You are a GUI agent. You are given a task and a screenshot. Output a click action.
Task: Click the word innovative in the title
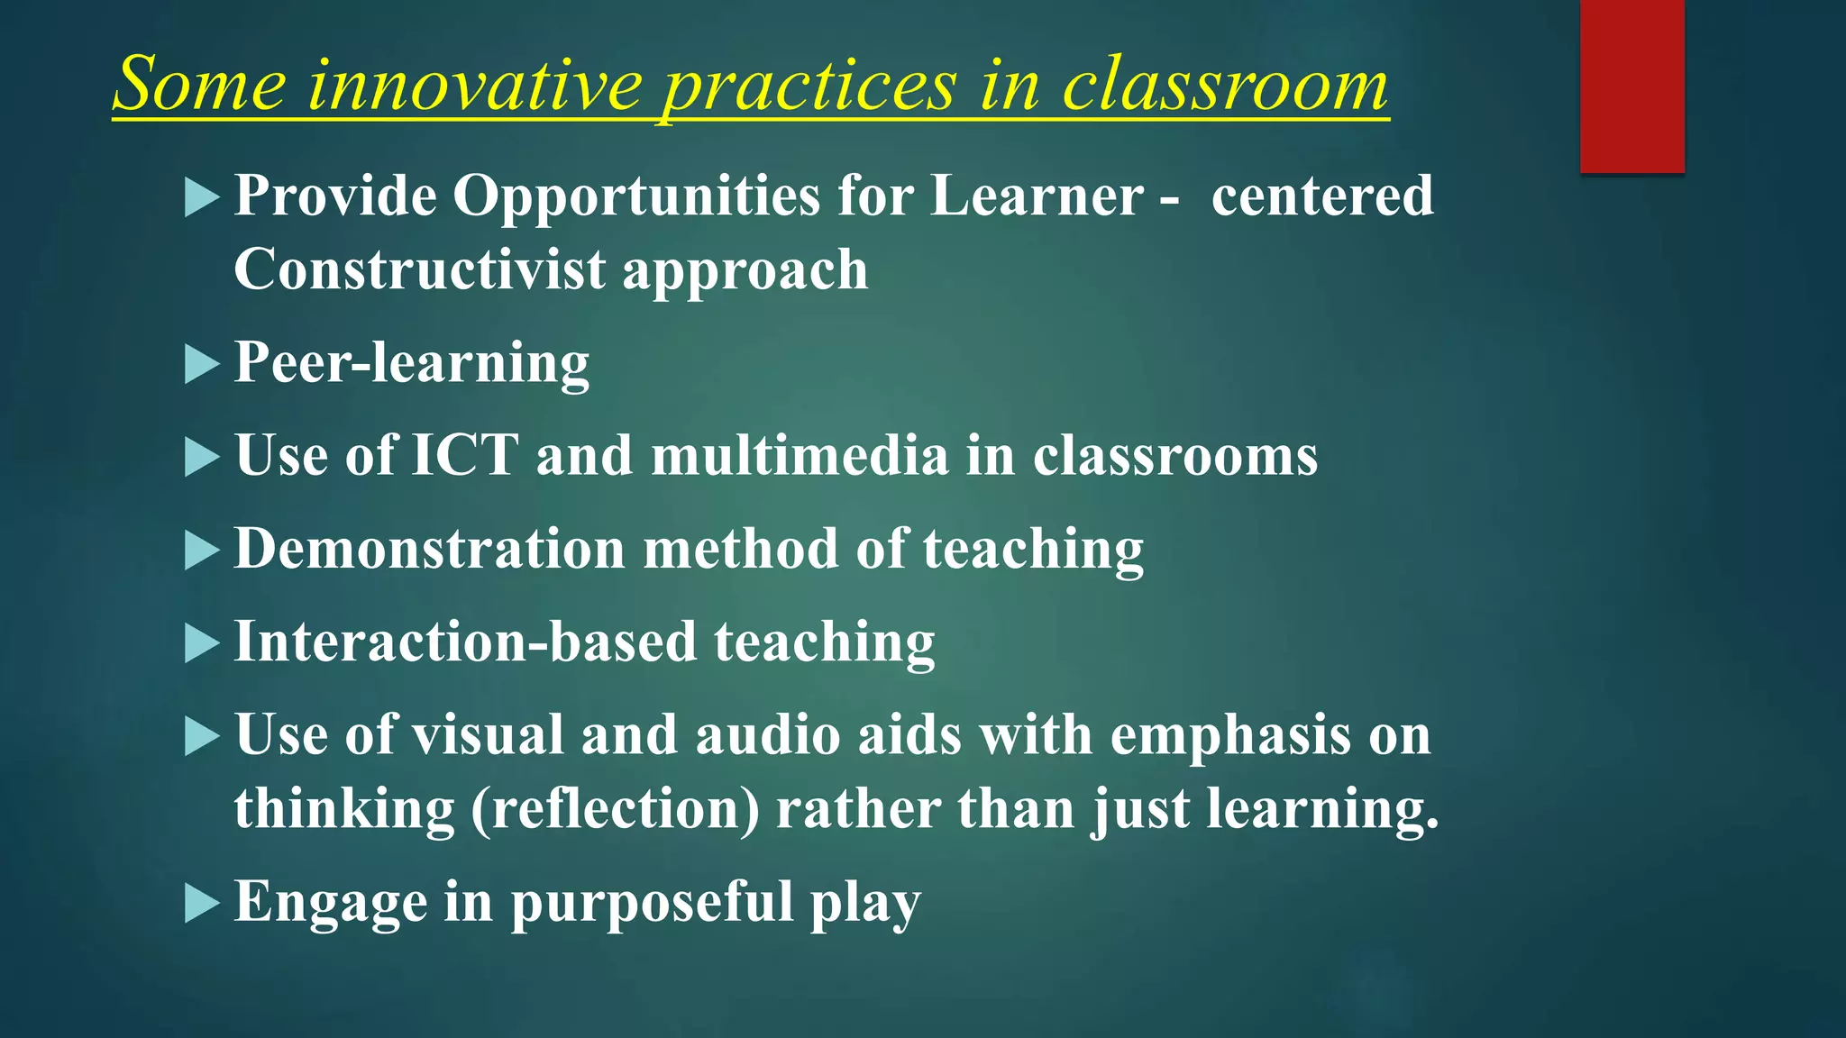coord(475,86)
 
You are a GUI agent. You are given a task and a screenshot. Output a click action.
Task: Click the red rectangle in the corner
coord(1631,86)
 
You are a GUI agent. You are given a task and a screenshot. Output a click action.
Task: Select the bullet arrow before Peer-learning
coord(202,365)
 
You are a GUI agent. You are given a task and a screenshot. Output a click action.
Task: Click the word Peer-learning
coord(411,363)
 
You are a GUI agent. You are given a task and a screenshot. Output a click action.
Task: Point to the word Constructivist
coord(419,269)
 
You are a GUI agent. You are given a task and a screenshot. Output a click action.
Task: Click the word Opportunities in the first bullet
coord(635,196)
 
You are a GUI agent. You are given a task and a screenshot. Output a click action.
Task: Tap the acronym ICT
coord(465,455)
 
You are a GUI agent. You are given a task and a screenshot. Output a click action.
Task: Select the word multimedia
coord(800,455)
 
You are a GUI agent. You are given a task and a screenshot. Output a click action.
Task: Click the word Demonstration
coord(429,549)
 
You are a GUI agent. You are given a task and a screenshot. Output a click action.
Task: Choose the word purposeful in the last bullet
coord(652,902)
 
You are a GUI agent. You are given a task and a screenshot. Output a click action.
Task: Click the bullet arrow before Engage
coord(202,903)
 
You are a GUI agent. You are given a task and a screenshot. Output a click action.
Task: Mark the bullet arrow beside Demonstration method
coord(202,550)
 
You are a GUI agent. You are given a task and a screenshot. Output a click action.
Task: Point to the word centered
coord(1321,196)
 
